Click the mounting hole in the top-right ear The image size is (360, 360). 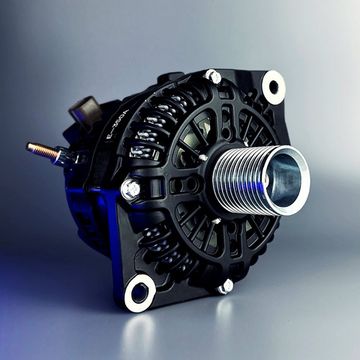click(x=273, y=87)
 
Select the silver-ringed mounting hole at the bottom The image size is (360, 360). click(x=140, y=293)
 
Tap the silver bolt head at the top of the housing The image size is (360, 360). click(x=213, y=76)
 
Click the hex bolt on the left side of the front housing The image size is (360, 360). click(x=131, y=188)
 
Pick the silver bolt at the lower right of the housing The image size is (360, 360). click(x=227, y=286)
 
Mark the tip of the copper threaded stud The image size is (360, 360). click(x=30, y=147)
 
